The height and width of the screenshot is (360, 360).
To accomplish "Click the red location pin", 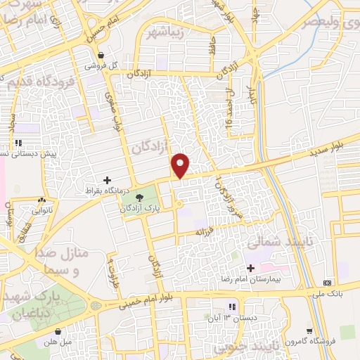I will point(181,165).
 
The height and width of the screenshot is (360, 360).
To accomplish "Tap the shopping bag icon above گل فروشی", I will point(102,55).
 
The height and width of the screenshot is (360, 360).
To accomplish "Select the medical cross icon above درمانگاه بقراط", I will point(108,180).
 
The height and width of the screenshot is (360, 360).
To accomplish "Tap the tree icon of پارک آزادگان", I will point(139,198).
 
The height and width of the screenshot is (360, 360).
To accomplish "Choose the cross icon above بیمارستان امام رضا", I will point(251,267).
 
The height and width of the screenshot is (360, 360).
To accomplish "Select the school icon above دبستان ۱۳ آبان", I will point(232,306).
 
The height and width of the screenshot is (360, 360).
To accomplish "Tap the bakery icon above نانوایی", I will point(44,199).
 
